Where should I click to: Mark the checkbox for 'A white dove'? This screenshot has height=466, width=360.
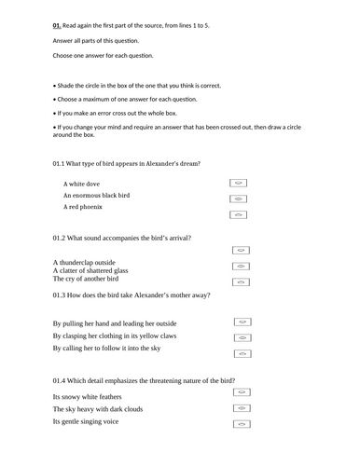pyautogui.click(x=238, y=185)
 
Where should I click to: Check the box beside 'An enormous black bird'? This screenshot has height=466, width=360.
pyautogui.click(x=238, y=199)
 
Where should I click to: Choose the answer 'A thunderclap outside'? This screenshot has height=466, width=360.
pyautogui.click(x=85, y=262)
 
